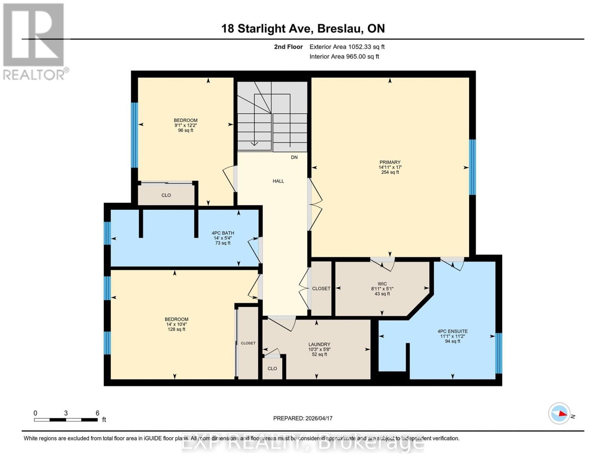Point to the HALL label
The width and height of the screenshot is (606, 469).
tap(278, 181)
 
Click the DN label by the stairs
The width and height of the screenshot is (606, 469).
tap(294, 157)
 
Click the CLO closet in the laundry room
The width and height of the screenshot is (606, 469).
tap(272, 369)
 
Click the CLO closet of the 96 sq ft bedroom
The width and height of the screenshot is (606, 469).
tap(166, 195)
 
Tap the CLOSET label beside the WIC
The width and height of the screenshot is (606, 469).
tap(321, 288)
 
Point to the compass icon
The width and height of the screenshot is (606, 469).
tap(559, 413)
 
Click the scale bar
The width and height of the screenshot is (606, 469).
tap(66, 420)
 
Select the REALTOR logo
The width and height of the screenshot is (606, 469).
tap(34, 41)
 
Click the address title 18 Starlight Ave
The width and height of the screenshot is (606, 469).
tap(303, 29)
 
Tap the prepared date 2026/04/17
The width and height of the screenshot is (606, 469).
tap(303, 418)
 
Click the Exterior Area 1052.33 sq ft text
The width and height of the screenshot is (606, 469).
tap(347, 47)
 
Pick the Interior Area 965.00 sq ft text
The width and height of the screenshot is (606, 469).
tap(344, 56)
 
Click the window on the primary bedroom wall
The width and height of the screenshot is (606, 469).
tap(472, 167)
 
